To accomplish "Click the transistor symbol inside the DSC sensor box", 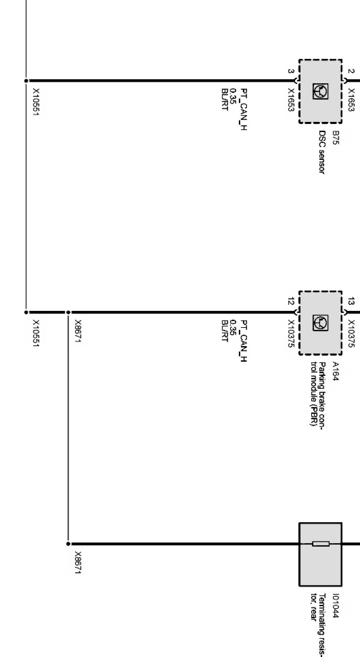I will [321, 91].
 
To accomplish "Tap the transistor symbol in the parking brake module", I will [321, 323].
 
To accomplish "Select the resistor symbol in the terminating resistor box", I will [321, 544].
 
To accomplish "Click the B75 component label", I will [335, 137].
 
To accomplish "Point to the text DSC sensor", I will [321, 152].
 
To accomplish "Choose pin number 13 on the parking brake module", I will [351, 301].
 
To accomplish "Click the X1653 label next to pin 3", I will [291, 100].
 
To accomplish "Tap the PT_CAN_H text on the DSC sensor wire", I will [243, 110].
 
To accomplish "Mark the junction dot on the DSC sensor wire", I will [26, 81].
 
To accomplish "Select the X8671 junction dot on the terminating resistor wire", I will [68, 544].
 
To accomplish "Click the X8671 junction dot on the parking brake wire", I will [68, 312].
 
